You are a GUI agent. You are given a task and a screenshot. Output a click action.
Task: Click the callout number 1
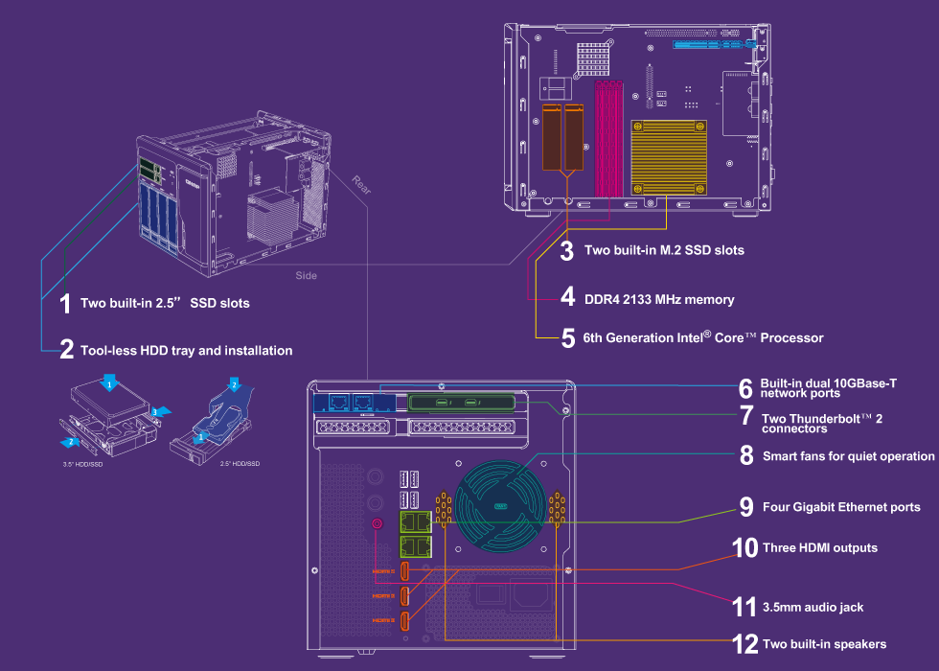pyautogui.click(x=65, y=304)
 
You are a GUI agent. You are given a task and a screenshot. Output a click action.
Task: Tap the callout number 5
pyautogui.click(x=568, y=337)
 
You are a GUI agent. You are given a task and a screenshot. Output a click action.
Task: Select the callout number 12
pyautogui.click(x=744, y=643)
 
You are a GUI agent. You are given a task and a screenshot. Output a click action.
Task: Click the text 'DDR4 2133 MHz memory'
pyautogui.click(x=659, y=299)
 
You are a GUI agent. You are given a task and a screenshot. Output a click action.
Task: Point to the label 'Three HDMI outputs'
pyautogui.click(x=819, y=547)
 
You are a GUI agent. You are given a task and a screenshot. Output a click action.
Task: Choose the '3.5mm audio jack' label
pyautogui.click(x=813, y=607)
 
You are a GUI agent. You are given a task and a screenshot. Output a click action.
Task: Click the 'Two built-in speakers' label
pyautogui.click(x=824, y=643)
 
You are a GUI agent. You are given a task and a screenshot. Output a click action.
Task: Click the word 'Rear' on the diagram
pyautogui.click(x=361, y=183)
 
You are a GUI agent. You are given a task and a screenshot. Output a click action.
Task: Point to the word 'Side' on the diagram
pyautogui.click(x=306, y=275)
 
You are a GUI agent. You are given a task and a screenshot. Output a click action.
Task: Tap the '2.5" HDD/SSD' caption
pyautogui.click(x=240, y=463)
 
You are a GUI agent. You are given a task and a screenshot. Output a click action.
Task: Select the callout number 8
pyautogui.click(x=746, y=456)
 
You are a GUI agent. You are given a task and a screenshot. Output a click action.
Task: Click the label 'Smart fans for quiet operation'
pyautogui.click(x=848, y=456)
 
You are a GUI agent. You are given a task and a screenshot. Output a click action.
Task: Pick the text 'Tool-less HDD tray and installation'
pyautogui.click(x=186, y=351)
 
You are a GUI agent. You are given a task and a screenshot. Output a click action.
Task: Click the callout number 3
pyautogui.click(x=567, y=251)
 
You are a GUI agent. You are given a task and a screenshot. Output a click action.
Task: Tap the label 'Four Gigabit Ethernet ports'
pyautogui.click(x=841, y=507)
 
